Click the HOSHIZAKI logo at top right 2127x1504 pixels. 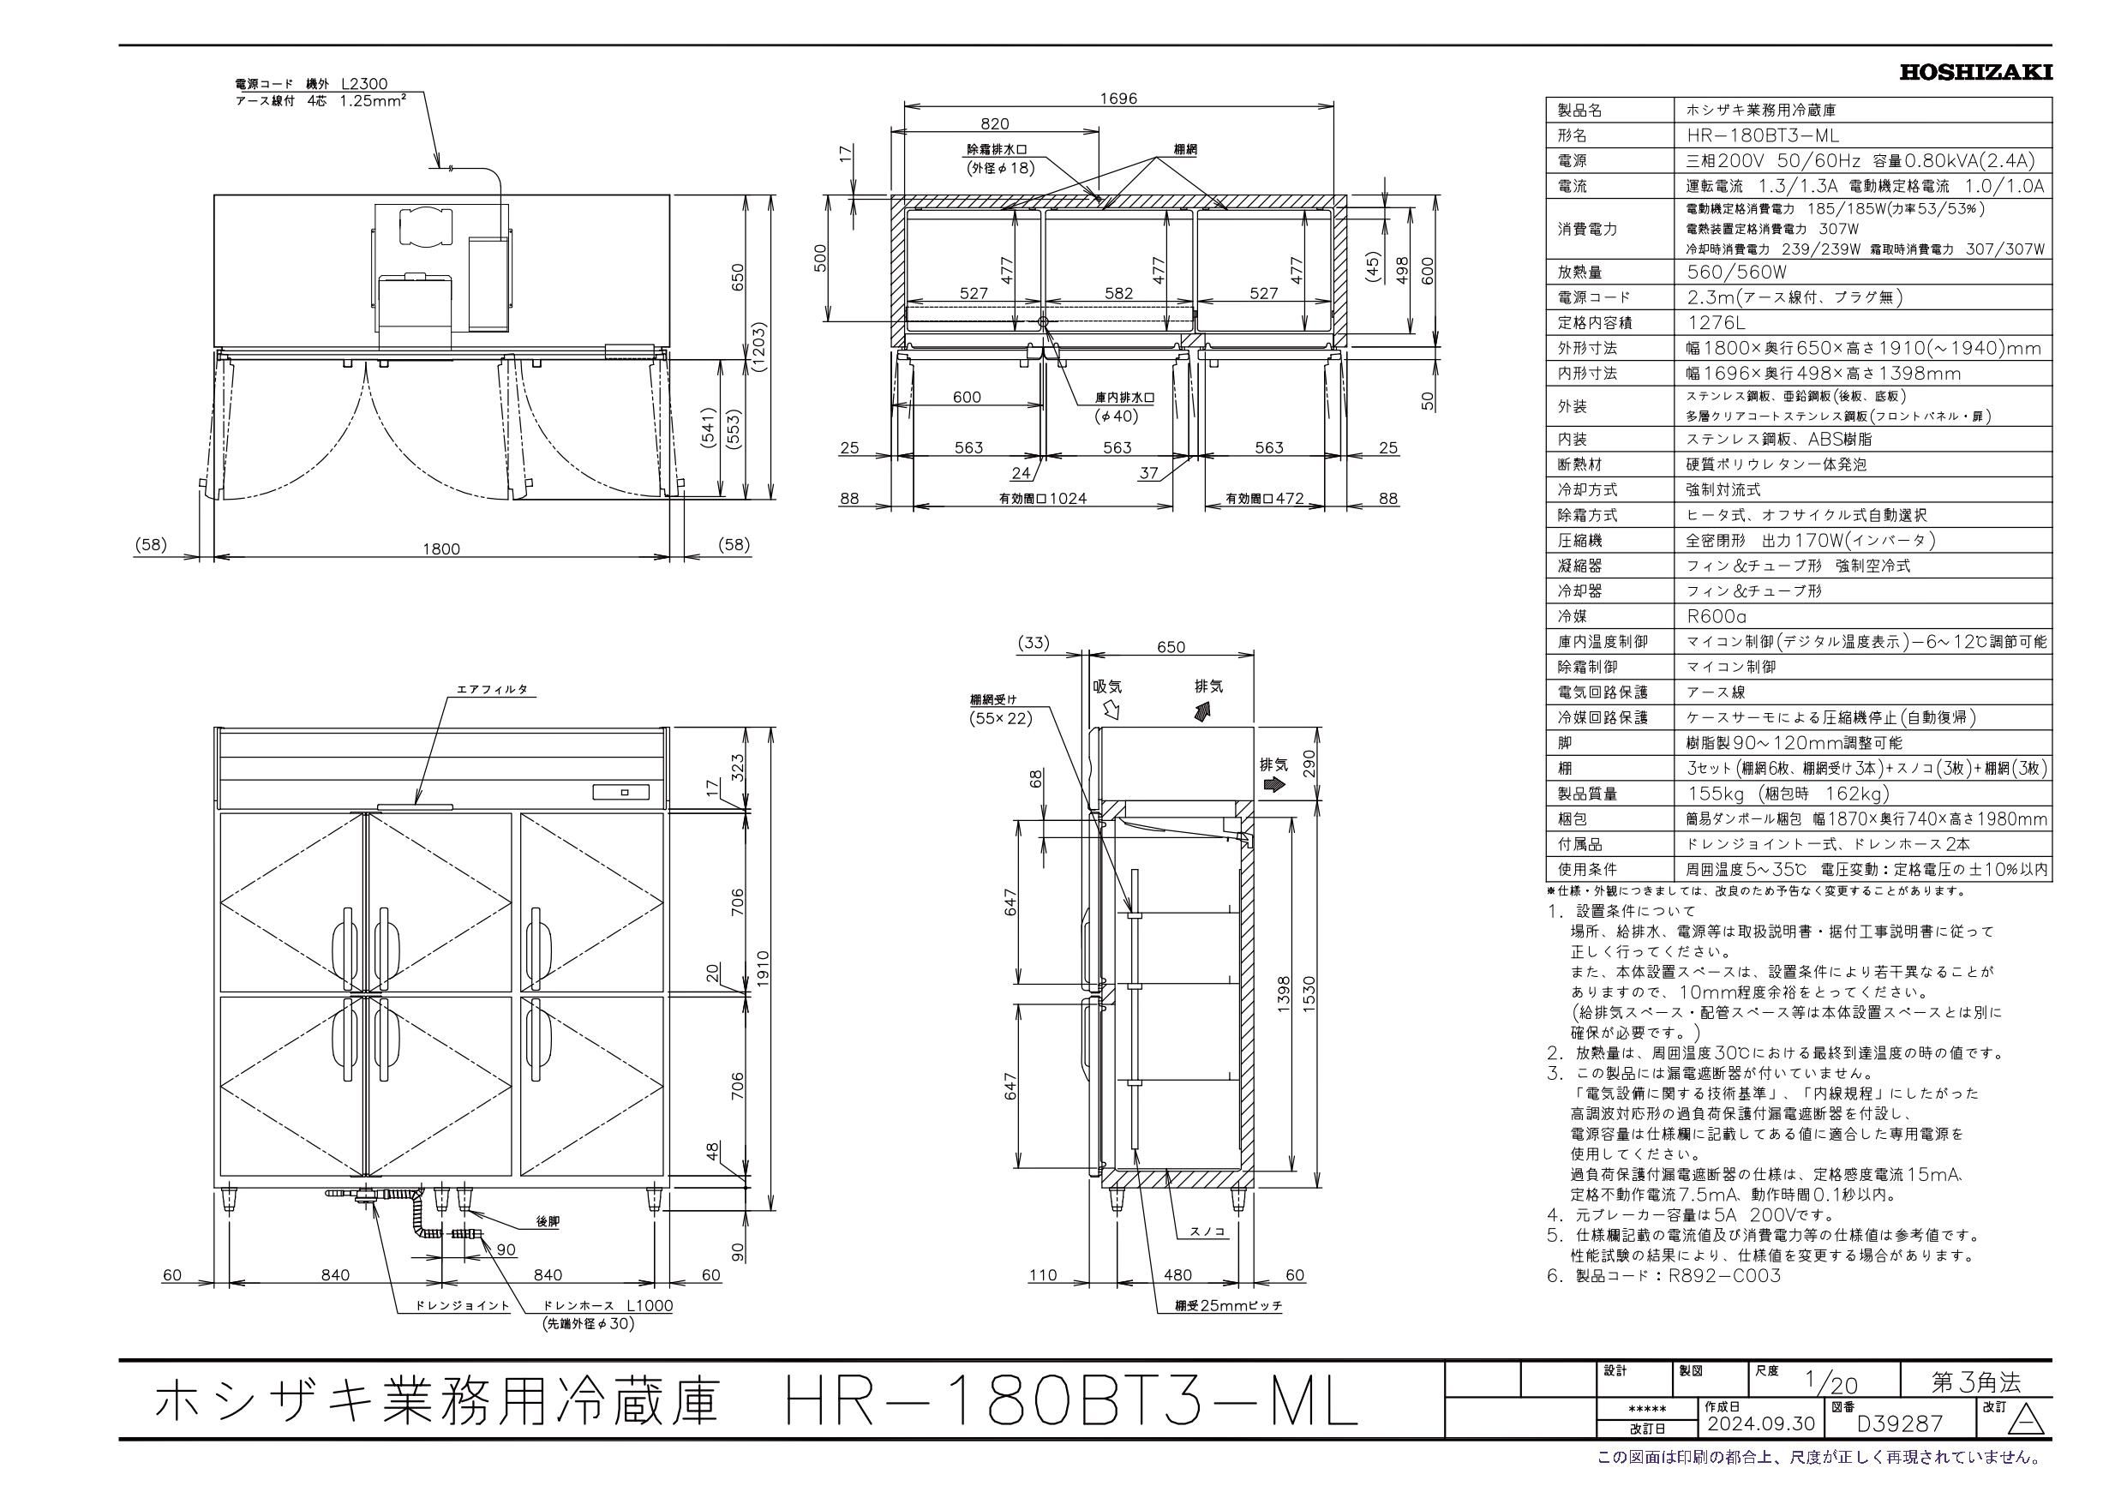[x=1975, y=72]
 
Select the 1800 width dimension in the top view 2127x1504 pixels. [x=441, y=548]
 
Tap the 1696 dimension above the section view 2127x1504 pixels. [x=1118, y=99]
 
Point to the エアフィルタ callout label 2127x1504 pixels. [x=492, y=690]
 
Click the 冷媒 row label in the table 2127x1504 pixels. [x=1572, y=616]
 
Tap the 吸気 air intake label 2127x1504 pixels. [x=1107, y=686]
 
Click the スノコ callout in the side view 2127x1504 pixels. [x=1208, y=1231]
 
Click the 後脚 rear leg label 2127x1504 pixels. [x=548, y=1222]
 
